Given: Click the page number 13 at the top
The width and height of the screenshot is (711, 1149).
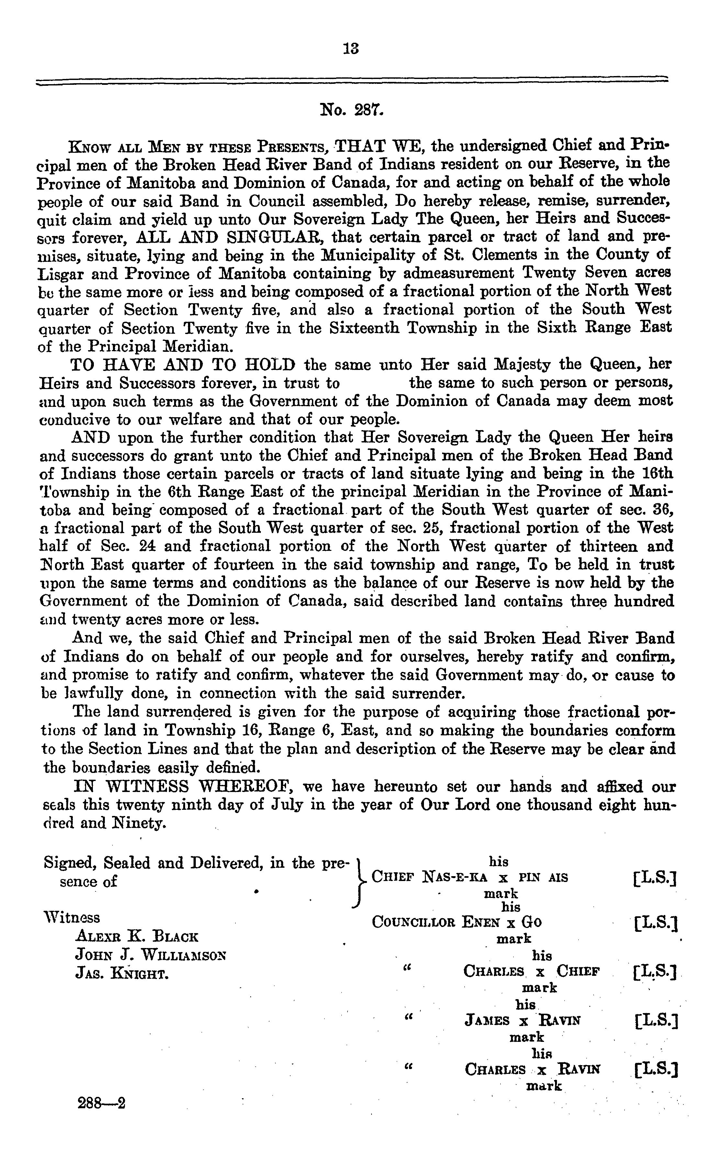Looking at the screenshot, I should [351, 49].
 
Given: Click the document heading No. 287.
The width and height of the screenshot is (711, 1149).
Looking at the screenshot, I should [352, 110].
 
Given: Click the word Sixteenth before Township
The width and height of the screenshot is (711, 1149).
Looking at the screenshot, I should [368, 328].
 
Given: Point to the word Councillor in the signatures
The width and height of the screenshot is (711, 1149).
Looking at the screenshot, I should [413, 921].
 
